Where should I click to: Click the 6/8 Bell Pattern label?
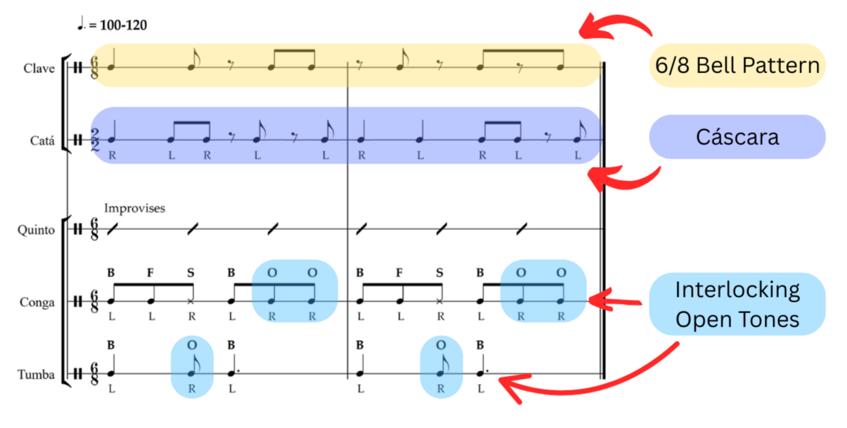coord(737,65)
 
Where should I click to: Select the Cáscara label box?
coord(737,136)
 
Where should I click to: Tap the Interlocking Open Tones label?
coord(737,304)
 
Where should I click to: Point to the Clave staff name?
coord(39,68)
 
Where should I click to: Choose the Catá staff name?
coord(42,140)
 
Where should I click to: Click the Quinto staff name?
coord(36,229)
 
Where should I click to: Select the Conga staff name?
coord(38,302)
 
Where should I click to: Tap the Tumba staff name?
coord(36,374)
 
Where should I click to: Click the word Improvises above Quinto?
coord(134,209)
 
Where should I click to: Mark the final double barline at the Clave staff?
coord(603,68)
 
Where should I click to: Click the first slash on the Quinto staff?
coord(112,229)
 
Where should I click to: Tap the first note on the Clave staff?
coord(112,68)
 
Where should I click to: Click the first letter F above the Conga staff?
coord(151,272)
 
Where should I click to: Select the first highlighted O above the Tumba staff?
coord(191,344)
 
